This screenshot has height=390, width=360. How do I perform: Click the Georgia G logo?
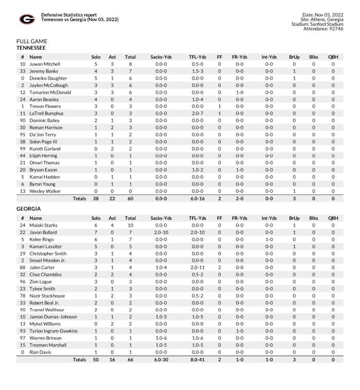27,20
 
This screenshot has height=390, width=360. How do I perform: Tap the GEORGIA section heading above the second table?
28,209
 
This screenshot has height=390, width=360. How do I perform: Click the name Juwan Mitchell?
45,64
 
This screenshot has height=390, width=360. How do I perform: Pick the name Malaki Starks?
44,225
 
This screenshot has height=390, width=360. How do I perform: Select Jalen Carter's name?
42,268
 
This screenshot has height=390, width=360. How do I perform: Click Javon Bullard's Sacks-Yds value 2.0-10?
160,232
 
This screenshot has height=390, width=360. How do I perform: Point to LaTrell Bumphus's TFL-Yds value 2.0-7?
197,113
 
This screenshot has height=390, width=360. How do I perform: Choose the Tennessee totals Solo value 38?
96,198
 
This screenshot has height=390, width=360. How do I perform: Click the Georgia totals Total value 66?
130,360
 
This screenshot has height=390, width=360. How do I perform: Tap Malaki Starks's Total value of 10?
130,225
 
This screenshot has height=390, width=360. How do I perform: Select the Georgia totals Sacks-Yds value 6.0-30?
160,360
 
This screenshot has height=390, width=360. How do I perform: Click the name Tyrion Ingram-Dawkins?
53,331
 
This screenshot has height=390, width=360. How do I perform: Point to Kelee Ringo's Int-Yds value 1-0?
269,239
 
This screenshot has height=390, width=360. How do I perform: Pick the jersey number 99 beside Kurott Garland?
23,148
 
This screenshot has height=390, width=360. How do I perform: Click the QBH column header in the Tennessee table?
333,57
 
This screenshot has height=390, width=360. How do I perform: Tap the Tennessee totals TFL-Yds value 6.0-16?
197,198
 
